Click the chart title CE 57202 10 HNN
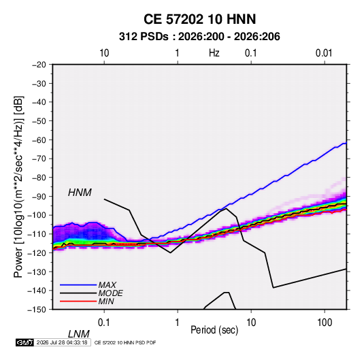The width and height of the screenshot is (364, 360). click(x=199, y=19)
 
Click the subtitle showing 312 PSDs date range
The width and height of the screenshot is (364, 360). click(x=199, y=37)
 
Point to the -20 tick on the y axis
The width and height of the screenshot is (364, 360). click(x=39, y=65)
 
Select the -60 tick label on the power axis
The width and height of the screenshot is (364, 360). click(x=39, y=140)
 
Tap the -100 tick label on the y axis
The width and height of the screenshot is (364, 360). click(x=37, y=215)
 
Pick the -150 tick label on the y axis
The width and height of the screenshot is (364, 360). click(x=37, y=310)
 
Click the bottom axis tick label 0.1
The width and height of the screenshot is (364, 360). click(x=104, y=323)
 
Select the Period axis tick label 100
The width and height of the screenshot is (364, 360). click(x=325, y=323)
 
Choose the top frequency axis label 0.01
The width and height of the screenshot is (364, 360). click(x=324, y=53)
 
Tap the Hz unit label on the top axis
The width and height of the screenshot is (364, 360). click(x=214, y=53)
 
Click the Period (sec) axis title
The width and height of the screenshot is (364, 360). click(x=214, y=330)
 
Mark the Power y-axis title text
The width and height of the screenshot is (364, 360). click(x=18, y=187)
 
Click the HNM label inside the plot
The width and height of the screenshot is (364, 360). click(x=80, y=193)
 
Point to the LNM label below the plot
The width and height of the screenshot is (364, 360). click(x=79, y=334)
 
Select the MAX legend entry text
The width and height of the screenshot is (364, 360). click(x=107, y=285)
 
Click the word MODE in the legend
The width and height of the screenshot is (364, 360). click(x=110, y=293)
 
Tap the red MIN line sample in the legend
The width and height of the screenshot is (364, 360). click(x=78, y=301)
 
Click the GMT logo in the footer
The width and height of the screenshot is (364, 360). click(x=24, y=342)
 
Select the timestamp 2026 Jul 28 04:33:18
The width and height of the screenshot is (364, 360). click(x=62, y=342)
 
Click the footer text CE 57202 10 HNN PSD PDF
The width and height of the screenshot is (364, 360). click(x=125, y=342)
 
